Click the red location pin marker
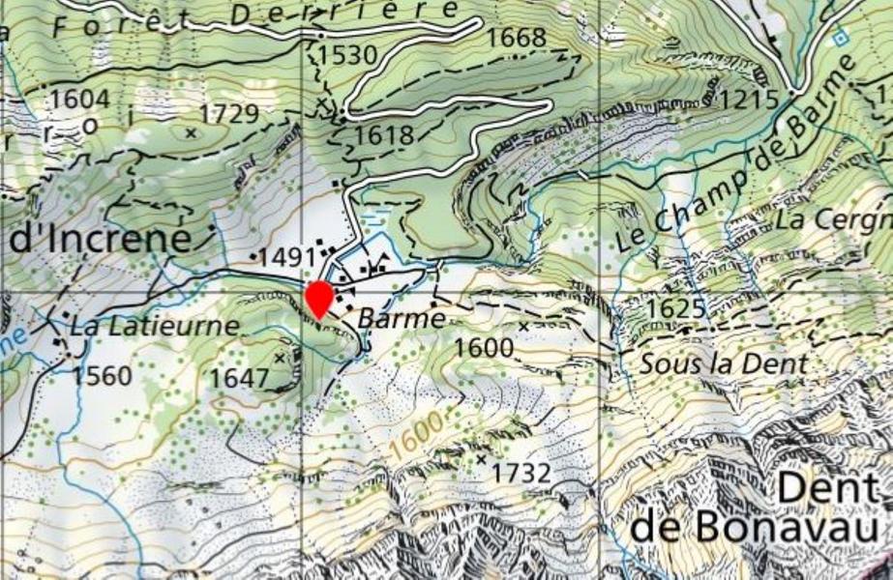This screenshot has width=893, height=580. point(318,297)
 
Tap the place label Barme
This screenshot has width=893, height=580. point(402,318)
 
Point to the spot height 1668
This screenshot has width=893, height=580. point(518,38)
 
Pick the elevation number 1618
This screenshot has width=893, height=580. point(384,134)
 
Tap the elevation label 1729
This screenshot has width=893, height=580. point(230,114)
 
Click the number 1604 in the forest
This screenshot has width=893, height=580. point(80,100)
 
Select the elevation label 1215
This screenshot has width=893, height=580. point(750,99)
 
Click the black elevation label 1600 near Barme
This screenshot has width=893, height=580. point(483,346)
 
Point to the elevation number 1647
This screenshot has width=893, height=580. point(239,377)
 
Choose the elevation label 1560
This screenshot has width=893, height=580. point(102,375)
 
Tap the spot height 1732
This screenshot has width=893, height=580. point(521,473)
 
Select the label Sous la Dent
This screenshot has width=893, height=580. point(723,364)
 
